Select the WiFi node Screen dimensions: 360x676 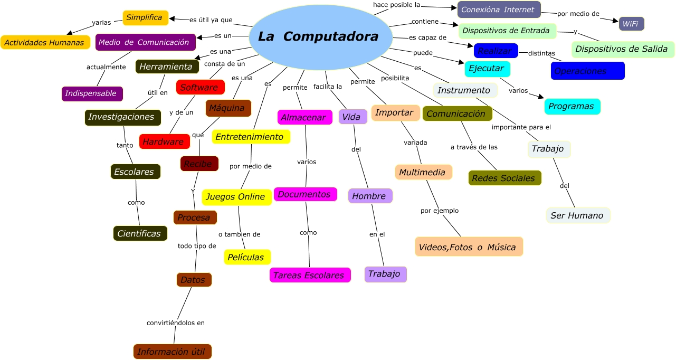pos(631,24)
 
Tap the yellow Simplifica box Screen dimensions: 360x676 pos(145,18)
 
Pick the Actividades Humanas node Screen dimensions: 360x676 pos(45,42)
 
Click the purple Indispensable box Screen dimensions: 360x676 pos(92,93)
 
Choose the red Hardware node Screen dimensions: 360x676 pos(164,141)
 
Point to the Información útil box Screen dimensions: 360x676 pos(172,352)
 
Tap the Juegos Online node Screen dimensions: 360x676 pos(236,197)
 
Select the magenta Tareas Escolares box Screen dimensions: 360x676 pos(310,275)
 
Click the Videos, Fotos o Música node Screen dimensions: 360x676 pos(469,247)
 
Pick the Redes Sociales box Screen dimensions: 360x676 pos(504,178)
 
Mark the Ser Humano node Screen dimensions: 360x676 pos(578,215)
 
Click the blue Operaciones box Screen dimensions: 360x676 pos(587,71)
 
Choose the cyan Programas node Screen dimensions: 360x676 pos(572,106)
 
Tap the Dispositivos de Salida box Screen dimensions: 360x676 pos(623,49)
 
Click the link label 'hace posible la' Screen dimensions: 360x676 pos(396,5)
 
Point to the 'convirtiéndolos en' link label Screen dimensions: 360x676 pos(176,323)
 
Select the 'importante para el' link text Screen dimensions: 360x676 pos(521,127)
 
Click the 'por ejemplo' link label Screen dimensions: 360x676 pos(440,211)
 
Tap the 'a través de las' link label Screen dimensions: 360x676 pos(474,147)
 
